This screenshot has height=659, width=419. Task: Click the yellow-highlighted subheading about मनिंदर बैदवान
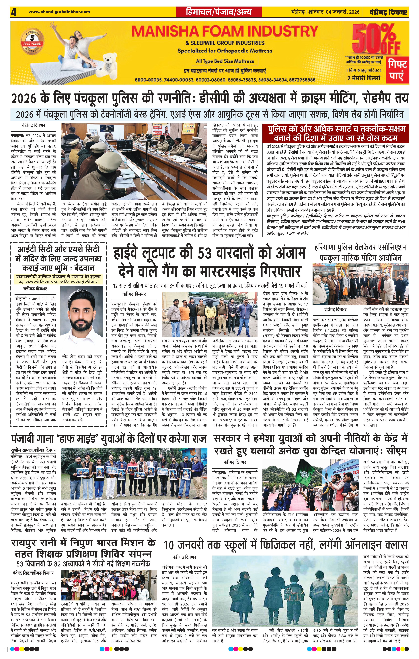click(58, 279)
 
